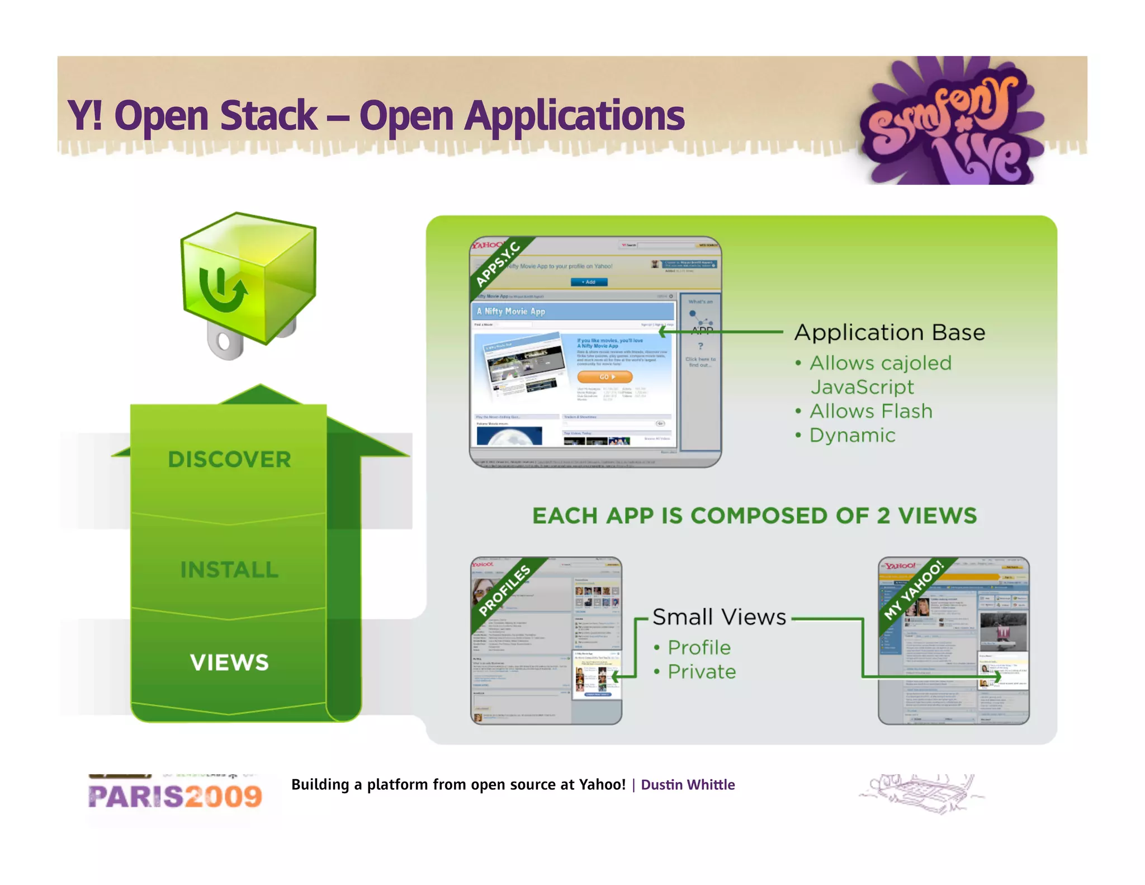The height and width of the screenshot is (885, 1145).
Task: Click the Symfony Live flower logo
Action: (950, 120)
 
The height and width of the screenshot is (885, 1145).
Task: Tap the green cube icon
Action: (248, 280)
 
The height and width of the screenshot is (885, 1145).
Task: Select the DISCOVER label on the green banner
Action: (229, 459)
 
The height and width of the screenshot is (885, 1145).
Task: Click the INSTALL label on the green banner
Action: (229, 569)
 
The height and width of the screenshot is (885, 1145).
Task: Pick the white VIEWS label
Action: (229, 662)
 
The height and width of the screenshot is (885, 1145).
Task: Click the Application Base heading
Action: (889, 332)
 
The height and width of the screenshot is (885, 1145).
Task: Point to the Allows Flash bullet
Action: (870, 411)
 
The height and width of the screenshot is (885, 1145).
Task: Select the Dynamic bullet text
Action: (852, 435)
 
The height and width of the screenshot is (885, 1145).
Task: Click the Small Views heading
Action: (719, 617)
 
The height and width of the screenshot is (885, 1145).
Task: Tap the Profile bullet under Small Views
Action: (699, 647)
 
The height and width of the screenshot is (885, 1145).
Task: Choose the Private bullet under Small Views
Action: (702, 671)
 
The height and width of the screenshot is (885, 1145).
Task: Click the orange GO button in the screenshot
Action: (604, 376)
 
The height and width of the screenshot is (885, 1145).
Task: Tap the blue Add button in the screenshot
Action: (589, 282)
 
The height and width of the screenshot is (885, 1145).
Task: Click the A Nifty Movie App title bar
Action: (573, 312)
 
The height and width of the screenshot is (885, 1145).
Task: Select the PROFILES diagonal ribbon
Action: (504, 590)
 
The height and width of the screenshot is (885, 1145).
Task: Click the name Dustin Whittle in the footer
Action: (688, 785)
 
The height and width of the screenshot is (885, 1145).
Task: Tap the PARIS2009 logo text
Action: (175, 797)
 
